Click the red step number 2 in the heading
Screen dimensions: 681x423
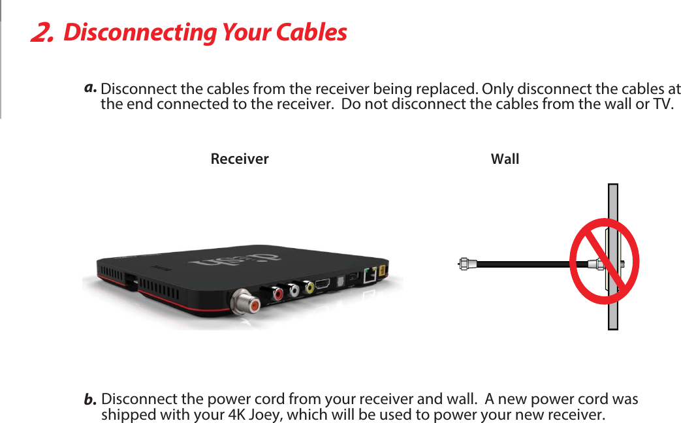42,33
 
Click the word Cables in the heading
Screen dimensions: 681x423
311,32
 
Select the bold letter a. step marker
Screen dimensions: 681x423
91,86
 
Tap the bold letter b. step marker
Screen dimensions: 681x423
91,398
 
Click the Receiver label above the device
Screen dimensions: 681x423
240,159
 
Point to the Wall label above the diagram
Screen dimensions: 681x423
505,159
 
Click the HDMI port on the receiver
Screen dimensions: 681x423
323,285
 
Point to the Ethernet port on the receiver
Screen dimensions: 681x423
370,275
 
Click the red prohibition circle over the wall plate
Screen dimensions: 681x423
604,261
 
